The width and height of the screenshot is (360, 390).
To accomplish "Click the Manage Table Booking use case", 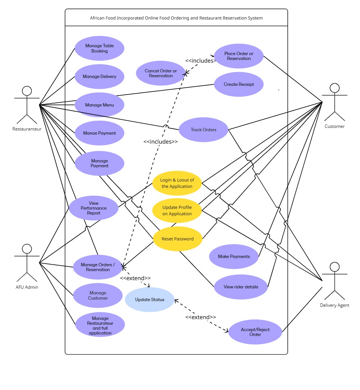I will (99, 48).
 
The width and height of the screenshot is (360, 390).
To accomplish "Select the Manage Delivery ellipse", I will (99, 76).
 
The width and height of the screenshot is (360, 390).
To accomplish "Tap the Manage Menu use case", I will (99, 105).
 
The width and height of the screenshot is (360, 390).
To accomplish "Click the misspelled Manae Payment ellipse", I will (99, 133).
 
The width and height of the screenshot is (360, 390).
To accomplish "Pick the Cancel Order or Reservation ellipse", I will (161, 73).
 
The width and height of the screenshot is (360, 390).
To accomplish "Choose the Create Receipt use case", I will (239, 84).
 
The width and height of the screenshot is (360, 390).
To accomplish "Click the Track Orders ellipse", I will (203, 130).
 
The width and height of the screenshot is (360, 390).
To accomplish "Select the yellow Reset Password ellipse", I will (178, 239).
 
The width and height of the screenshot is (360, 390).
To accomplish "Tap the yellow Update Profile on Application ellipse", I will (177, 211).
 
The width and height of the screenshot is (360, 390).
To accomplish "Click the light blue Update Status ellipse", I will (149, 300).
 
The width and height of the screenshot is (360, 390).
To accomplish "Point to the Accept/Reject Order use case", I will (255, 332).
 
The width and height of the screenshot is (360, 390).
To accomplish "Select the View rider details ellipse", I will (241, 287).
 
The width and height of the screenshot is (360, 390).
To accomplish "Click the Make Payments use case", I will (234, 256).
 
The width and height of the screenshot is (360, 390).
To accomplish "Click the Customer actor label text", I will (335, 126).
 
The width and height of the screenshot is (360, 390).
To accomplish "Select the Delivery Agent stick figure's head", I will (335, 267).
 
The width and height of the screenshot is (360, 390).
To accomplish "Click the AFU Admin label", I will (27, 287).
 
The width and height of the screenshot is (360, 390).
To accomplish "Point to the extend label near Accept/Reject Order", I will (200, 317).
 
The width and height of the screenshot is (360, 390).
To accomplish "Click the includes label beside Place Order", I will (200, 60).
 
